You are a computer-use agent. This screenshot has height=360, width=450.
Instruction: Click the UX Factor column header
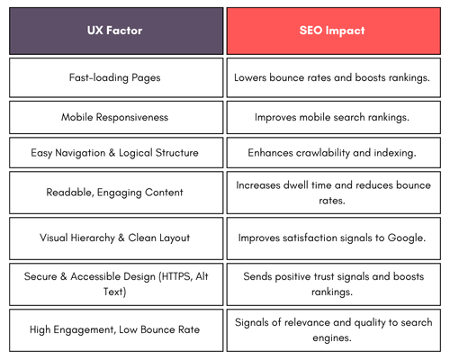click(116, 31)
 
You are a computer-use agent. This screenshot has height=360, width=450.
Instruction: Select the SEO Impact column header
click(334, 31)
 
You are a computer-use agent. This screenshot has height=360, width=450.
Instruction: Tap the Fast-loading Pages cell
click(116, 77)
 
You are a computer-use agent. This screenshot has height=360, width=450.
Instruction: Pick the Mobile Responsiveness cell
click(116, 117)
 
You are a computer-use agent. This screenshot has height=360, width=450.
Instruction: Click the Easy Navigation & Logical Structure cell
click(116, 153)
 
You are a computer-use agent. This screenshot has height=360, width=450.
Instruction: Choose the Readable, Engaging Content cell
click(116, 193)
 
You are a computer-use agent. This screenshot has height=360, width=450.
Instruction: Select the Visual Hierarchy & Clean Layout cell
click(116, 238)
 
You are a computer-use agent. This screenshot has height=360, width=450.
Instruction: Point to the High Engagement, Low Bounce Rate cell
click(116, 330)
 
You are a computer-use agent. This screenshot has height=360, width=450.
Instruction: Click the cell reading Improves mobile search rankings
click(334, 117)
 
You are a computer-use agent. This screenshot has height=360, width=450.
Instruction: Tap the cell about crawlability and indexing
click(334, 153)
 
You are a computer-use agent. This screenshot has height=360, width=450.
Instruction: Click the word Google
click(407, 238)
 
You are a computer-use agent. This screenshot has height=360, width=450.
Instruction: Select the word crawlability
click(323, 153)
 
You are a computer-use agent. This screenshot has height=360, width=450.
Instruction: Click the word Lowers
click(250, 77)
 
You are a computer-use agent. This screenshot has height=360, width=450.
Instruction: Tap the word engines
click(332, 338)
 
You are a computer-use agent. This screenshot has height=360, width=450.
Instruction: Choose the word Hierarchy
click(93, 238)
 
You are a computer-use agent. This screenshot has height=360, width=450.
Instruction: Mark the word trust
click(323, 276)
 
